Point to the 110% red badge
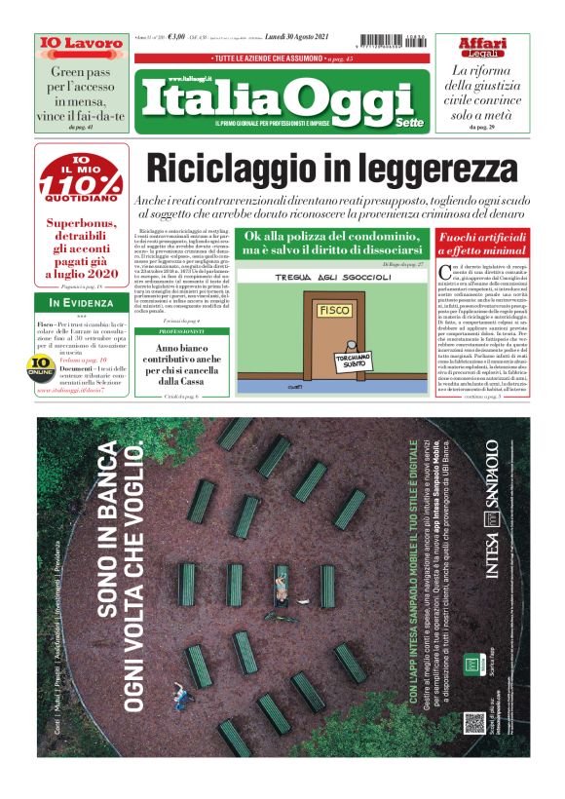click(82, 181)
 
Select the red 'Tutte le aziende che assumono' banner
click(282, 59)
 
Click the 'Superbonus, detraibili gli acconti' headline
click(82, 248)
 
